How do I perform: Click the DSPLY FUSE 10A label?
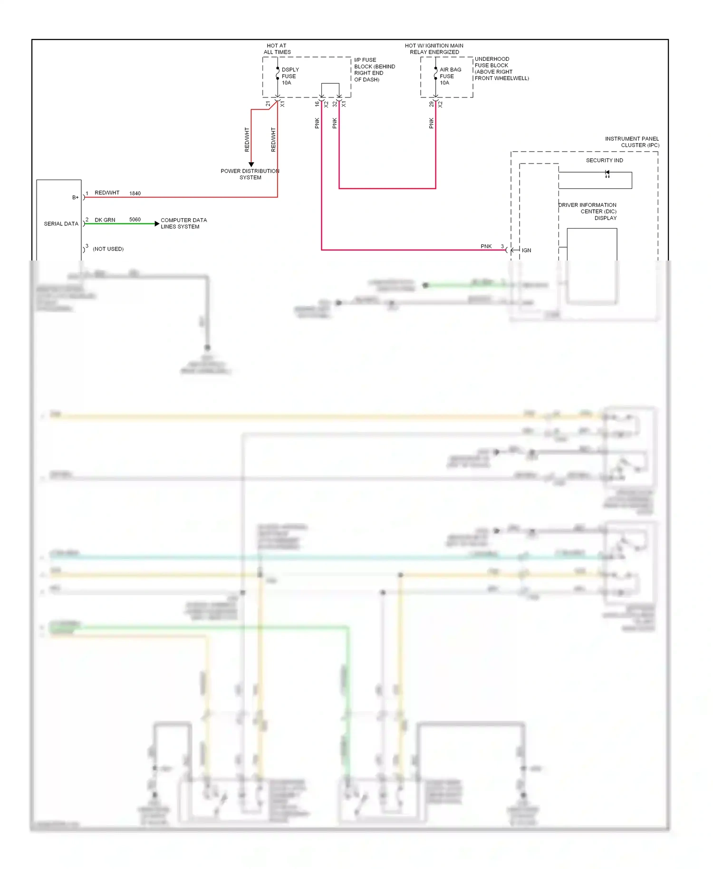click(x=289, y=76)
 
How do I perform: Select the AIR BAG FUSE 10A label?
click(x=450, y=76)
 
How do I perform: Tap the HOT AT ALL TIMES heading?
click(x=277, y=49)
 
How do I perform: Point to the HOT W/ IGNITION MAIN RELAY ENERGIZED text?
click(x=434, y=49)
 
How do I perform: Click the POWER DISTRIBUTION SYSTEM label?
click(x=250, y=174)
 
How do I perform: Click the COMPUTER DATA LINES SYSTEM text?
click(x=183, y=223)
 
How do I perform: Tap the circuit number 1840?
click(x=135, y=193)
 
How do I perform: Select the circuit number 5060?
click(x=135, y=220)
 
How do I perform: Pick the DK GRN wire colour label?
click(x=105, y=220)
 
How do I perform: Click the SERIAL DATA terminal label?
click(x=61, y=224)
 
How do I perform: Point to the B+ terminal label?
click(x=75, y=197)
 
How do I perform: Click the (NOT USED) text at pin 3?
click(x=108, y=249)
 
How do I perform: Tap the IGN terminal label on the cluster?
click(x=526, y=251)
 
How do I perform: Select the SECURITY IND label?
click(x=604, y=161)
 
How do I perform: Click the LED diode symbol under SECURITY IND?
click(x=607, y=174)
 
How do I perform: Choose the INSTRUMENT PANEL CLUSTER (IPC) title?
click(x=632, y=142)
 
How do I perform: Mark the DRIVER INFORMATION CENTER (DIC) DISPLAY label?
click(x=588, y=212)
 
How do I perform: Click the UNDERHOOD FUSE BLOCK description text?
click(x=501, y=68)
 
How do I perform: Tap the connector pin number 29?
click(x=431, y=104)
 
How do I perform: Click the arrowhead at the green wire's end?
click(x=157, y=223)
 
